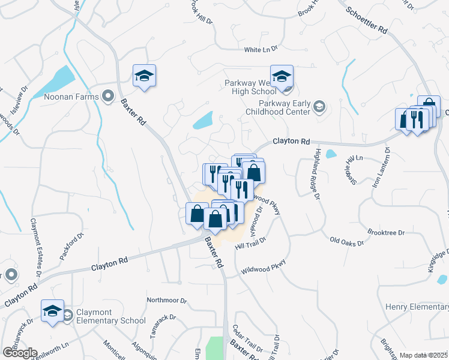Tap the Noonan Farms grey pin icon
pyautogui.click(x=109, y=95)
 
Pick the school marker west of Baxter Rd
pyautogui.click(x=144, y=76)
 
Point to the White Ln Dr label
pyautogui.click(x=261, y=50)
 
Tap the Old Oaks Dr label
pyautogui.click(x=347, y=241)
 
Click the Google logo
pyautogui.click(x=20, y=353)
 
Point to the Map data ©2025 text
pyautogui.click(x=423, y=355)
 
